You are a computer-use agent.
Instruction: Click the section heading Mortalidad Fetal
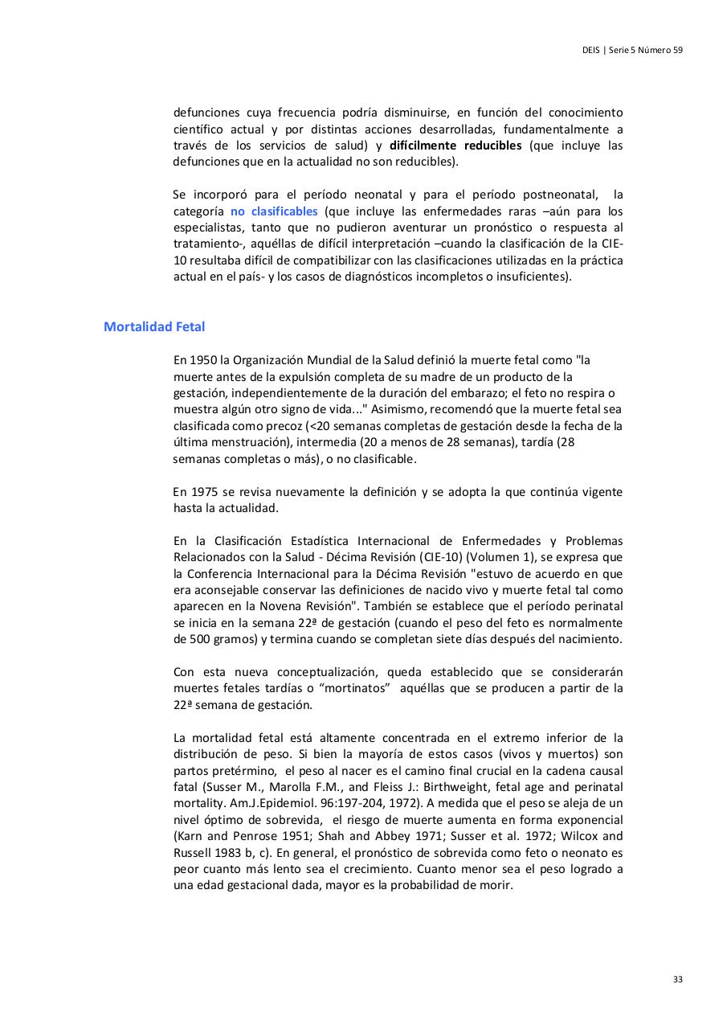tap(154, 326)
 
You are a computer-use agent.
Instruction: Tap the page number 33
tap(678, 979)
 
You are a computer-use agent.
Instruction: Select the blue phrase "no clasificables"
tap(274, 211)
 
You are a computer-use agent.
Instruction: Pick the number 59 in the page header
tap(678, 50)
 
